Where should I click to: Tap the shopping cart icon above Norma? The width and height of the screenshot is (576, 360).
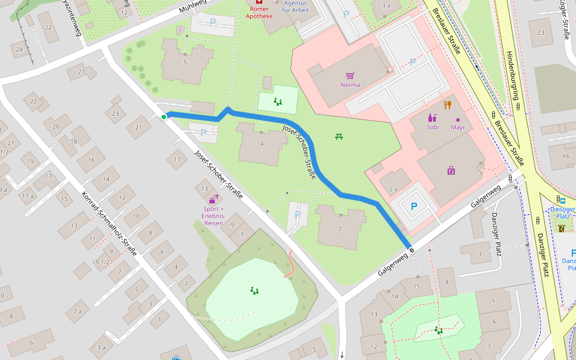coord(350,76)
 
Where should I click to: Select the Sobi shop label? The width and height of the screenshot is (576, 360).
coord(433,127)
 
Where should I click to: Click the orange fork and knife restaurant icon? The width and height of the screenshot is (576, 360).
coord(447,105)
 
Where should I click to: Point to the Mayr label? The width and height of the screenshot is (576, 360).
coord(458,127)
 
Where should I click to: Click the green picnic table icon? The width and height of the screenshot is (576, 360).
coord(339,137)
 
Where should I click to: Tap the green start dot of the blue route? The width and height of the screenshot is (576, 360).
coord(163,117)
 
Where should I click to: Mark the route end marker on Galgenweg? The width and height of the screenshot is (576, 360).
coord(412,249)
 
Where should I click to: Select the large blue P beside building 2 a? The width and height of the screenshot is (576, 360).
coord(413,206)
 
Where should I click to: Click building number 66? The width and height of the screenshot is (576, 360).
coord(566,156)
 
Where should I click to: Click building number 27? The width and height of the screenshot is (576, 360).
coord(80,72)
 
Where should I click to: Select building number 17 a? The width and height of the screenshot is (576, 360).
coord(28,196)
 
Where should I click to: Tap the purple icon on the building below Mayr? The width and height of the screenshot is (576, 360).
coord(451,170)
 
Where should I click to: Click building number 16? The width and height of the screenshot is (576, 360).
coord(91,160)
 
